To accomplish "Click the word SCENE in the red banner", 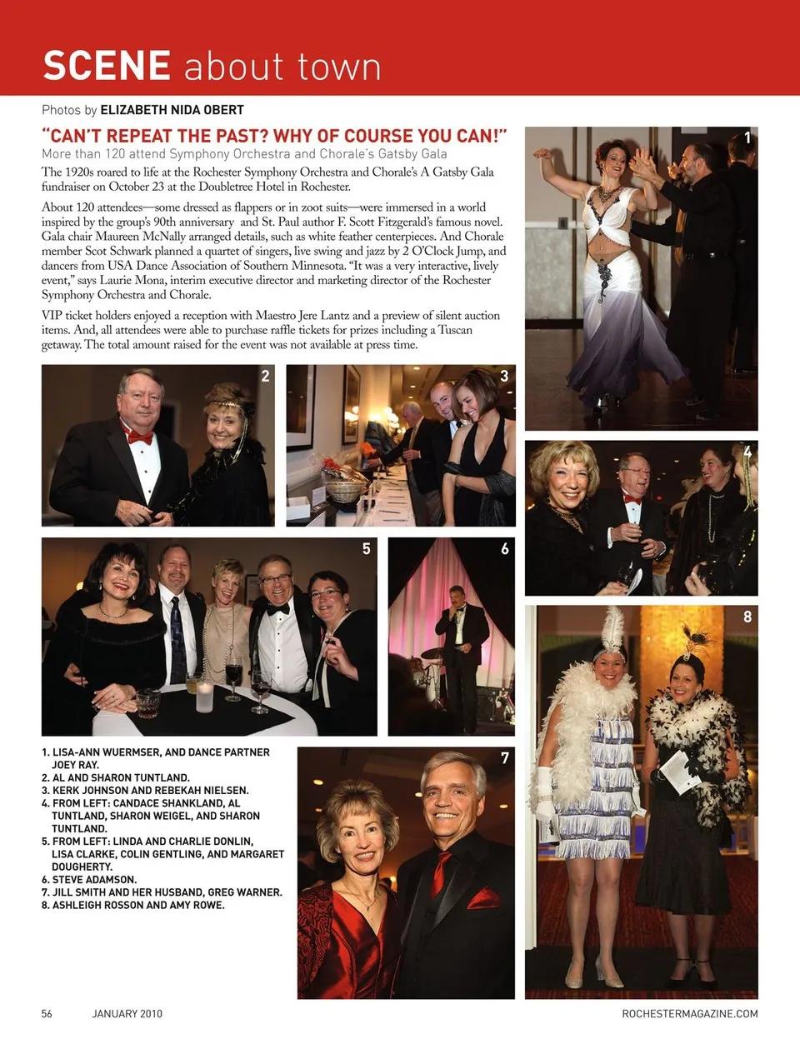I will coord(107,66).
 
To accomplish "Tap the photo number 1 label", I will coord(747,138).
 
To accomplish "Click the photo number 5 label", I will coord(366,549).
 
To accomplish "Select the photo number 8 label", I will coord(747,617).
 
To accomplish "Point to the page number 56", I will coord(47,1014).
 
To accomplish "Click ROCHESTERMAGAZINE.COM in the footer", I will coord(690,1014).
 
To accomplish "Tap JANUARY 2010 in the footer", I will coord(127,1014).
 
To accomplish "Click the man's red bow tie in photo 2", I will coord(140,437).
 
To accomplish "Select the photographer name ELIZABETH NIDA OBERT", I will coord(172,110).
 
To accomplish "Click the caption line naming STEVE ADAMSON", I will coord(89,879).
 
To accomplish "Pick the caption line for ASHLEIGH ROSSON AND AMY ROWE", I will coord(133,905).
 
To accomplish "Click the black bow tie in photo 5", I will coord(277,609).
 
